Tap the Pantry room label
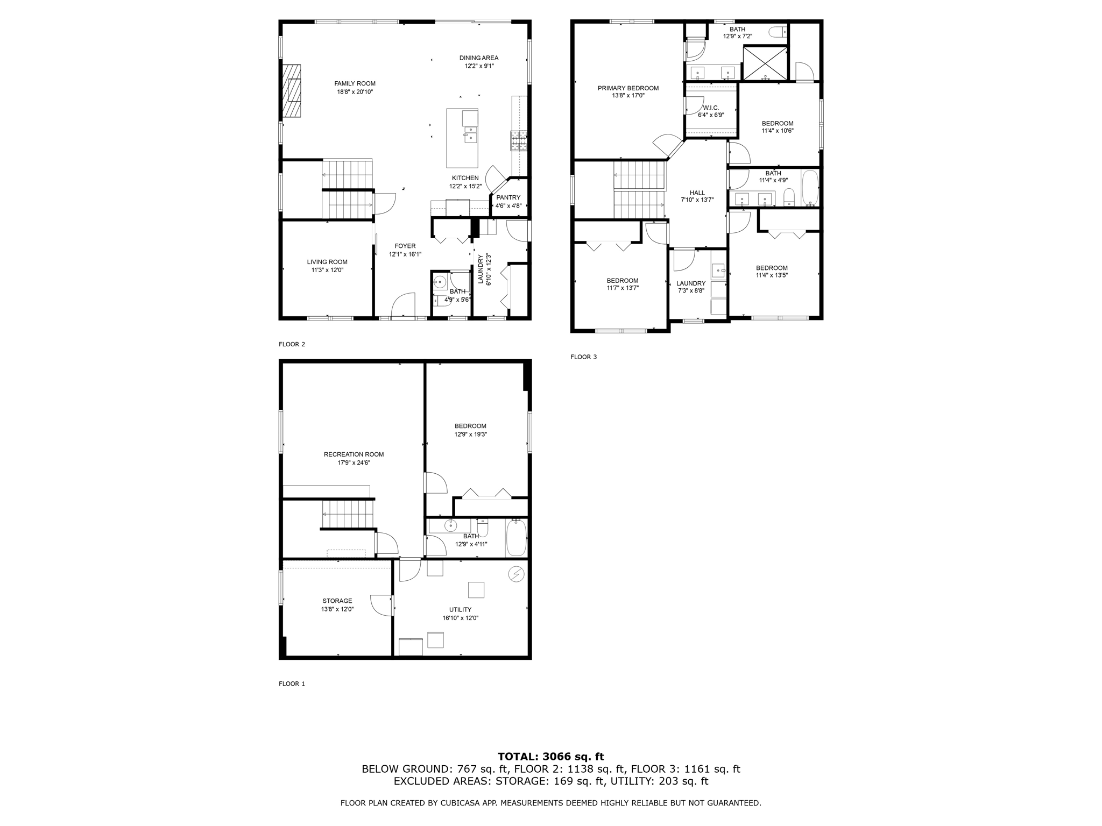click(x=508, y=197)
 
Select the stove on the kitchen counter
click(x=519, y=140)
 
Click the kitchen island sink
click(x=471, y=134)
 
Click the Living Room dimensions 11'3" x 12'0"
click(x=327, y=270)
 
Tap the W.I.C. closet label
click(x=710, y=108)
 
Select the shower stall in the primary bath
click(x=765, y=63)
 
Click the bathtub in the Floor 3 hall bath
click(x=809, y=188)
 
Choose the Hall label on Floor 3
click(x=697, y=193)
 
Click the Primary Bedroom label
click(x=628, y=88)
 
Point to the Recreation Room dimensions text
click(x=354, y=462)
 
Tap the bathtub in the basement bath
click(x=516, y=538)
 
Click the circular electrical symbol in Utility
click(x=516, y=574)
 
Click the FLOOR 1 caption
click(x=292, y=683)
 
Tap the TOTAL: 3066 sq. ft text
click(x=550, y=757)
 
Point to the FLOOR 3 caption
click(x=583, y=357)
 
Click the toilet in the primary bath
click(x=778, y=32)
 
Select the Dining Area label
click(x=478, y=58)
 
